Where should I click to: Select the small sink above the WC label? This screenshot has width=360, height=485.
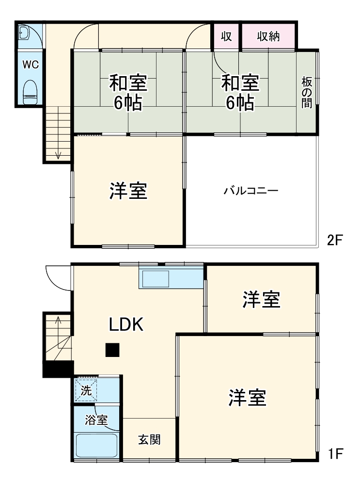[x=25, y=33]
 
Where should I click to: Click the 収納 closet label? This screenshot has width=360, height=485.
[x=268, y=36]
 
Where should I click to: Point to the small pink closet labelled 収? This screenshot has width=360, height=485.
[x=226, y=36]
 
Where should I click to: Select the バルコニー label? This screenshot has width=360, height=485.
[x=250, y=191]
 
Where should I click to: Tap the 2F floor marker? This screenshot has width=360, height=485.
[x=335, y=240]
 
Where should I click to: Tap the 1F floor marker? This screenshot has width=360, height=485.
[x=335, y=454]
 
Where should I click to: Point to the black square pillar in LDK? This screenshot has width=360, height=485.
[x=113, y=350]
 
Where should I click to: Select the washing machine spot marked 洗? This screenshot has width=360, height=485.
[x=86, y=389]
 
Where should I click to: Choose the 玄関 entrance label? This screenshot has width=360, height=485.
[x=149, y=440]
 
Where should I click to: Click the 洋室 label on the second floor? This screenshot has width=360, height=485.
[x=128, y=191]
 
